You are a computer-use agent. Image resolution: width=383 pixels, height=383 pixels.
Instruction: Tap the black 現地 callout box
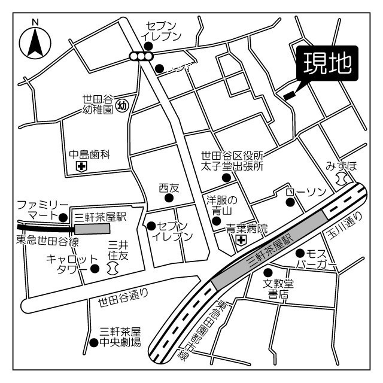coord(327,63)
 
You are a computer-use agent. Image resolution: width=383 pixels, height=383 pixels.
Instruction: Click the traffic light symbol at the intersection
coord(141,57)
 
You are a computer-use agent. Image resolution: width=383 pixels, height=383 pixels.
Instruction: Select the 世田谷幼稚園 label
coord(98,105)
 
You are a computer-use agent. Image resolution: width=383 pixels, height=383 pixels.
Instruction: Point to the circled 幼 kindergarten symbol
coord(121,106)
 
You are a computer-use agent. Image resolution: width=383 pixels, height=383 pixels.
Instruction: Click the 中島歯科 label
coord(90,154)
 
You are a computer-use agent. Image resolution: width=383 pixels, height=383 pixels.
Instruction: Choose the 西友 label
coord(169,188)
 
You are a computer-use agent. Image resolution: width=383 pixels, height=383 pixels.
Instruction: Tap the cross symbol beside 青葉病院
coord(241,240)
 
